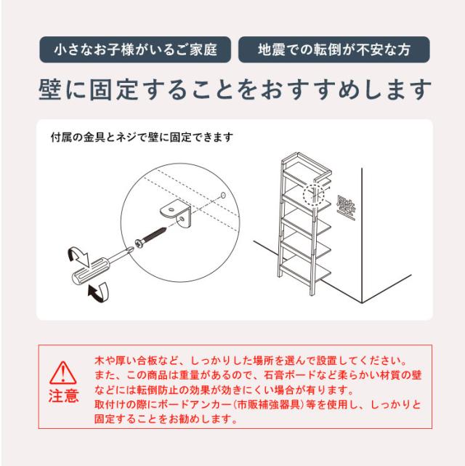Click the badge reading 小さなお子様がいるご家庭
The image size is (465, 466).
pos(135,49)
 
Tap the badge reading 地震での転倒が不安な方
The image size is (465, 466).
pos(334,49)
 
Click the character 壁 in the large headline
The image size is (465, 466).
pos(49,89)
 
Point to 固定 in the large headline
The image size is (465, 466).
pos(114,89)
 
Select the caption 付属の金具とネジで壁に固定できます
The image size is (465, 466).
pos(142,137)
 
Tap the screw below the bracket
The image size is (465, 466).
pos(150,237)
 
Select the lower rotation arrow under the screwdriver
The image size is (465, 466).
pos(99,292)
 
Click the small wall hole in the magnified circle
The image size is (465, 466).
pos(223,196)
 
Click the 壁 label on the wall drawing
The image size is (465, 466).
pos(346,208)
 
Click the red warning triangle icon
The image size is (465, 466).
pos(62,373)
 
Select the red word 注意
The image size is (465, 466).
pos(63,396)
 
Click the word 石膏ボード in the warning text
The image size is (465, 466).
pos(290,375)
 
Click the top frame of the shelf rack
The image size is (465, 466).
pos(306,164)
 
